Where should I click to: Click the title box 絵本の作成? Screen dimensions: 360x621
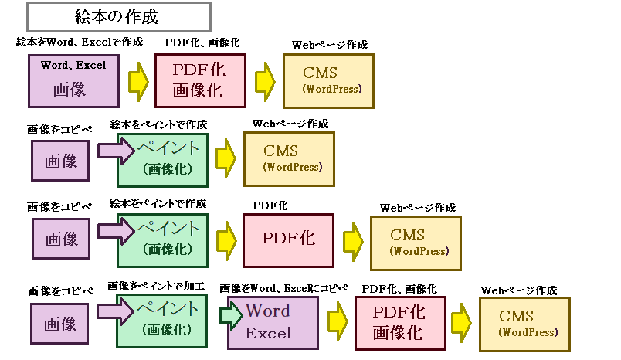point(118,15)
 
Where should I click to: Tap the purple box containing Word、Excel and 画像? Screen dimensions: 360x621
point(74,79)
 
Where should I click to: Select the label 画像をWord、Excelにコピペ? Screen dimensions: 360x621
point(283,288)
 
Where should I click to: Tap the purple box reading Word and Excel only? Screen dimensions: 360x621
point(273,322)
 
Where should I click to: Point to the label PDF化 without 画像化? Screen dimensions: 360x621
point(270,206)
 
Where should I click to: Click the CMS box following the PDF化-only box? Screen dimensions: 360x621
point(416,242)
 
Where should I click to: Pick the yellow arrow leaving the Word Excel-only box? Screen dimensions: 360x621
point(337,321)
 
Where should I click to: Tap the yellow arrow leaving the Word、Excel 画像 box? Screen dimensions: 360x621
point(138,79)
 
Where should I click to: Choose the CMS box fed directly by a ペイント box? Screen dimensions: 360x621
point(289,158)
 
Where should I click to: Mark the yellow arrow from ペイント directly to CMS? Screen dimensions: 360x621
point(226,156)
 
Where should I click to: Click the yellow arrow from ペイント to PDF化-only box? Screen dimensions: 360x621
point(226,239)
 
